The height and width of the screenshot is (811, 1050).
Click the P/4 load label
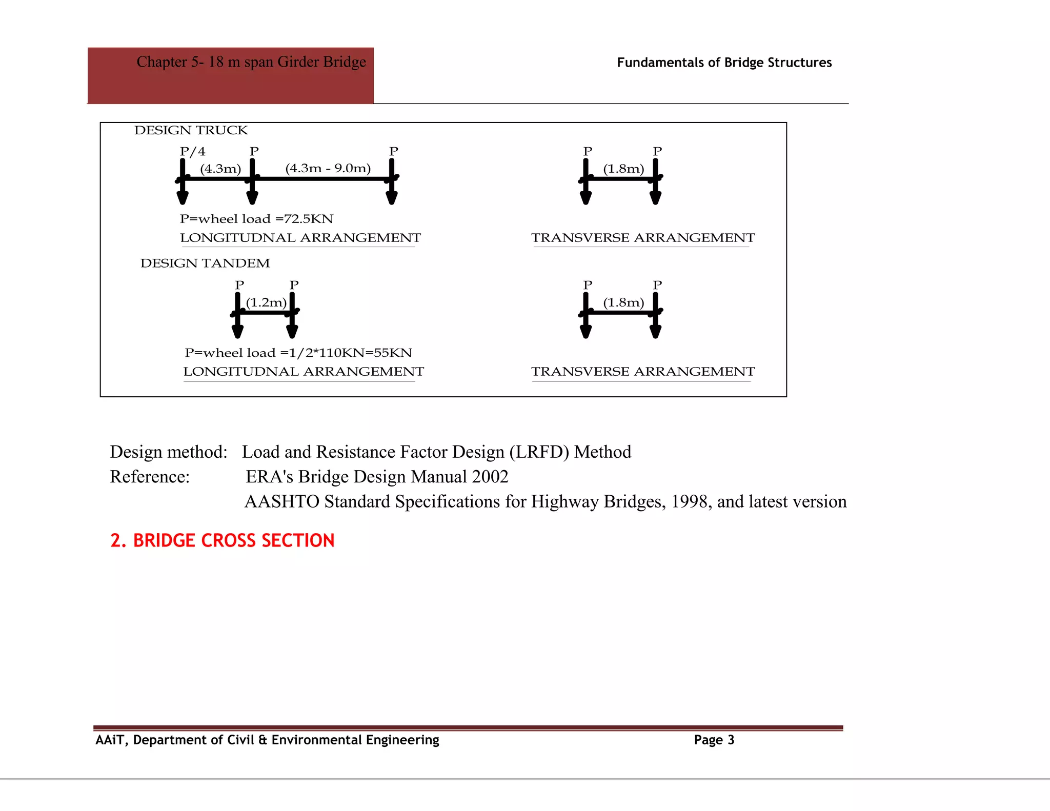pyautogui.click(x=193, y=152)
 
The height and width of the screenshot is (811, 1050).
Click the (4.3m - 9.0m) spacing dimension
pyautogui.click(x=328, y=169)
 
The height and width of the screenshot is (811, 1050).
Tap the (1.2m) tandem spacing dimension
pyautogui.click(x=266, y=302)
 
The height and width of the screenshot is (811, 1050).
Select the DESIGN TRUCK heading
pyautogui.click(x=191, y=130)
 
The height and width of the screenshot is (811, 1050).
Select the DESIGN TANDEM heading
pyautogui.click(x=205, y=263)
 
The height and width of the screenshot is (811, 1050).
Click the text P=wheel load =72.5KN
pyautogui.click(x=256, y=219)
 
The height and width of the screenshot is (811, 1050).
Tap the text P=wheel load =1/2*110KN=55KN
pyautogui.click(x=298, y=353)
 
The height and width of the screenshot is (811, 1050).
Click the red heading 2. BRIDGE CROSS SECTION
pyautogui.click(x=223, y=540)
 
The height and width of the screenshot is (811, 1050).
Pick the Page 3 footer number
pyautogui.click(x=714, y=740)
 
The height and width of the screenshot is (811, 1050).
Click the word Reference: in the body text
pyautogui.click(x=150, y=477)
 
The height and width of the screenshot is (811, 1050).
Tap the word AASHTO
pyautogui.click(x=282, y=501)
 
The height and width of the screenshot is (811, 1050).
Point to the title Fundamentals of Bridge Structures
pyautogui.click(x=724, y=63)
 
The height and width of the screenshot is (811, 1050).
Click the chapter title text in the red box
pyautogui.click(x=251, y=62)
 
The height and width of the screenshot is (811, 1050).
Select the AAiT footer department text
pyautogui.click(x=267, y=740)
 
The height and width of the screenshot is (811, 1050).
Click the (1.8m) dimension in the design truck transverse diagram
pyautogui.click(x=623, y=169)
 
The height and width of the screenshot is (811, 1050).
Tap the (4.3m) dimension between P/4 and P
pyautogui.click(x=220, y=169)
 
